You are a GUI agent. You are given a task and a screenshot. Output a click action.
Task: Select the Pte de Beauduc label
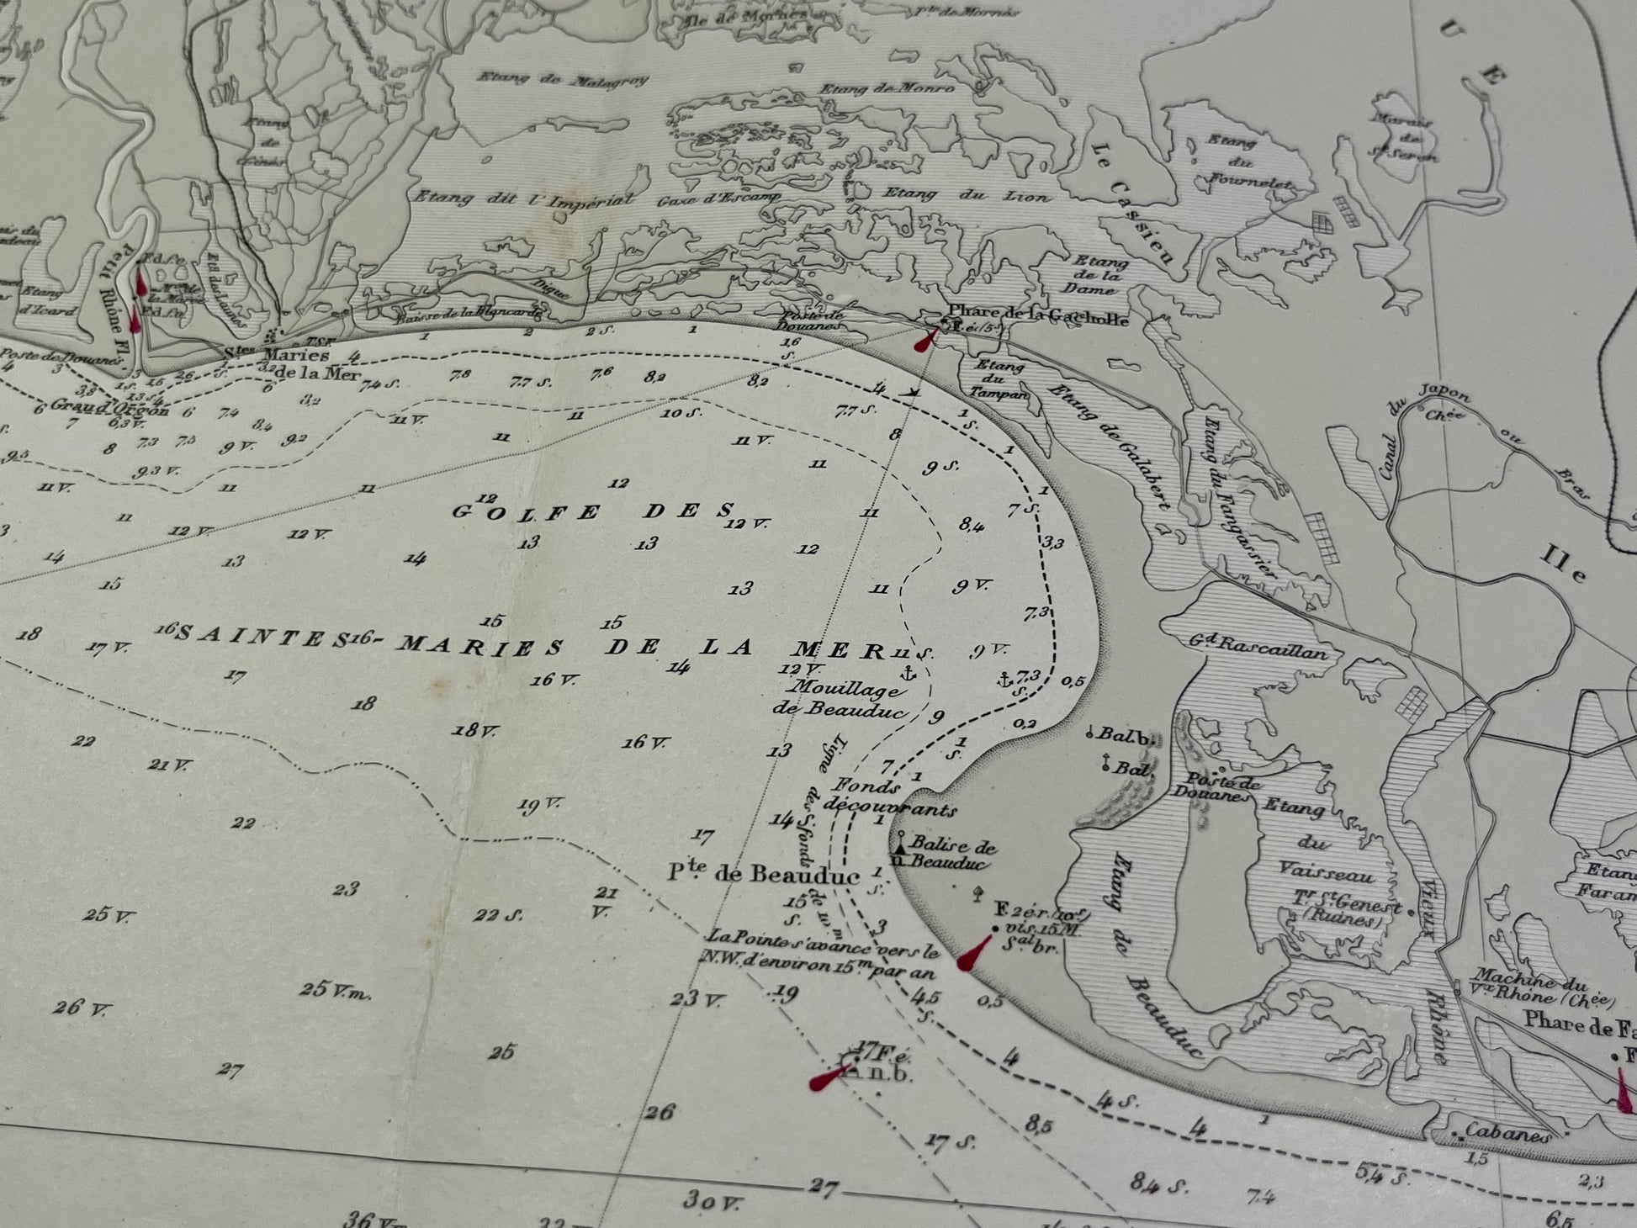[764, 875]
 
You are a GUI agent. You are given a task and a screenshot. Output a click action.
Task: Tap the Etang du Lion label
[967, 196]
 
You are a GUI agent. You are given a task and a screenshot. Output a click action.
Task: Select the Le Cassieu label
[1134, 201]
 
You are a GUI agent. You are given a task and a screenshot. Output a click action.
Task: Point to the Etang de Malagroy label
[563, 80]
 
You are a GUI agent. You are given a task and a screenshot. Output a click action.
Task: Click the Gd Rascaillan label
[1258, 648]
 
